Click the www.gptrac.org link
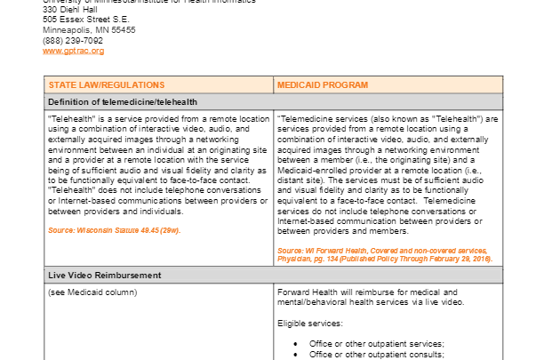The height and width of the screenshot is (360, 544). pos(74,52)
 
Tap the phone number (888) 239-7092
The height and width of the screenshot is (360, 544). pos(73,40)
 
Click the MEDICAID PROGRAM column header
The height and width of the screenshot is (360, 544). pos(322,85)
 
